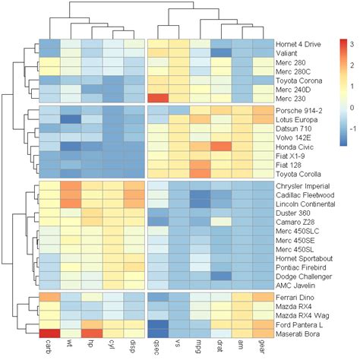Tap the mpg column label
[200, 346]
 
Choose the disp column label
[134, 346]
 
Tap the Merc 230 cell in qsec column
[157, 98]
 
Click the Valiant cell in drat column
[221, 52]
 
